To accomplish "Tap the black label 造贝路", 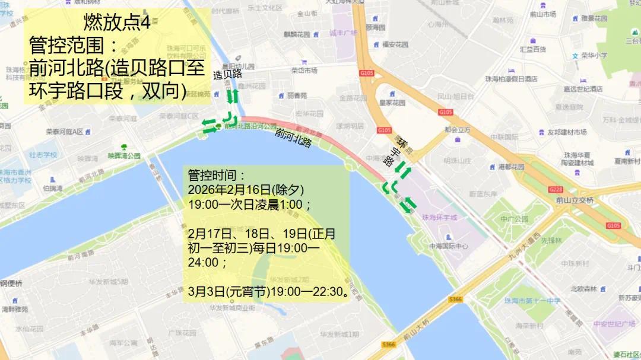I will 228,74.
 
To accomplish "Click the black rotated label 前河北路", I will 293,138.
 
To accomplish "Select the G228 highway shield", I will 556,190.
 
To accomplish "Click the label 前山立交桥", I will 575,200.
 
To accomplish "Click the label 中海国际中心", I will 448,246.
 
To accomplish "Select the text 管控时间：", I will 216,176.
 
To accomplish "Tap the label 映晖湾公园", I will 124,155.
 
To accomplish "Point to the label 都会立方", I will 458,130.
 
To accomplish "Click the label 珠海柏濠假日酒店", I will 511,79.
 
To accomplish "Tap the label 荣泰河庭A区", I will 65,131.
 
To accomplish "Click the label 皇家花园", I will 394,102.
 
